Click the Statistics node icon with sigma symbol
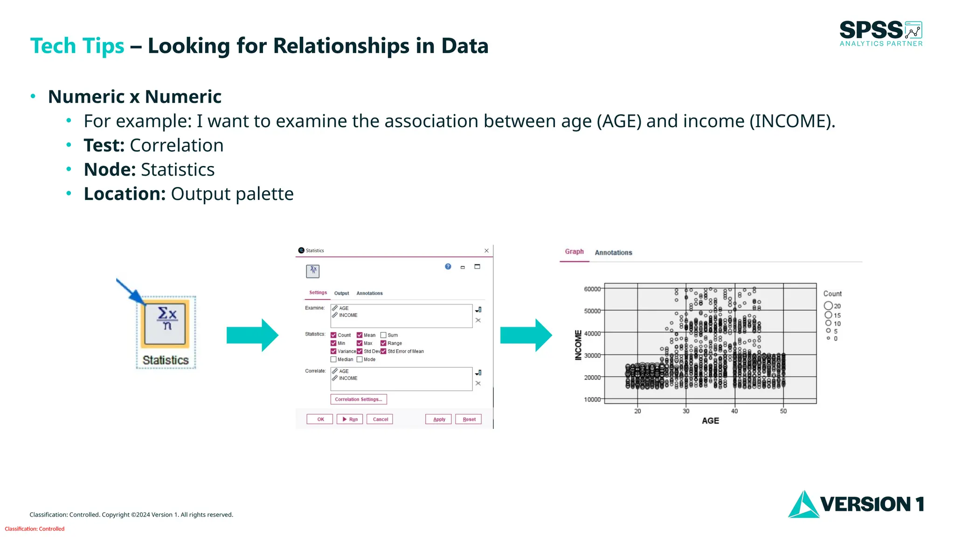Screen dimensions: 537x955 [166, 322]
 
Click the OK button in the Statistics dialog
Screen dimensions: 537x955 [320, 419]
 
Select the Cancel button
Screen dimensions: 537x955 [380, 419]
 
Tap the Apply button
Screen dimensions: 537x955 [439, 419]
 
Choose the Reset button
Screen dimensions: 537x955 [469, 419]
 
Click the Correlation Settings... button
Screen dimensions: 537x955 [358, 399]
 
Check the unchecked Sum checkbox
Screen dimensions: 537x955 [383, 335]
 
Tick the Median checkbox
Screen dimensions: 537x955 [333, 359]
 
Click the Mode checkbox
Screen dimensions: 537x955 [360, 359]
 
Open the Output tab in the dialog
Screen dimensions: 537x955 [341, 293]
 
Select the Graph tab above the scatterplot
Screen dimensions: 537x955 [574, 252]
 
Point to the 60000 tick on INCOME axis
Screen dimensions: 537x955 [592, 289]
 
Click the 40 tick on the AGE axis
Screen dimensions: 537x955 [734, 411]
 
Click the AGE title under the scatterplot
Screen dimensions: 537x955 [710, 420]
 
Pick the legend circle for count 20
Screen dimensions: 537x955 [828, 306]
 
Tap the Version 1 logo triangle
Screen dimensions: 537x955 [803, 505]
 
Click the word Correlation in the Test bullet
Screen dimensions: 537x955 [176, 145]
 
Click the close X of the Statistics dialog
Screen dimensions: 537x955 [486, 251]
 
